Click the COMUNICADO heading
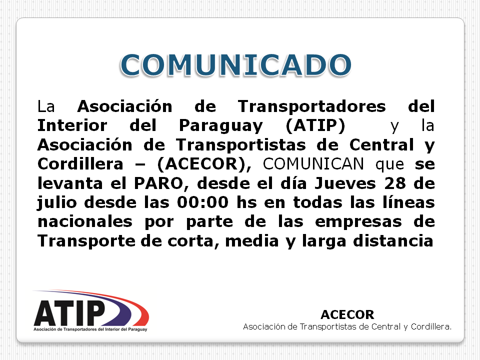pyautogui.click(x=235, y=65)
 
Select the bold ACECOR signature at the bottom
pyautogui.click(x=347, y=314)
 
